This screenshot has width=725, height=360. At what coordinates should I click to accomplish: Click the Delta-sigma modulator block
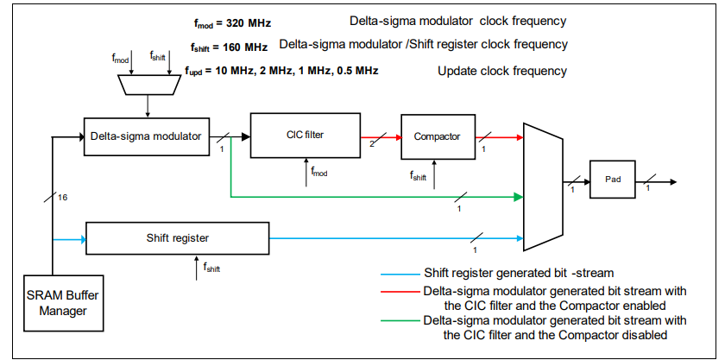point(146,136)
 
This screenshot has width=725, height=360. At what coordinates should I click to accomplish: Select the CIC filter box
point(304,136)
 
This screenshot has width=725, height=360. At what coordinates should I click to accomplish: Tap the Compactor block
point(437,136)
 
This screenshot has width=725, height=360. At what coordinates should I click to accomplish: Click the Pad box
point(612,180)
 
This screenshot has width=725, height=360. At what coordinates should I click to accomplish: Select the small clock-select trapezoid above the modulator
point(149,85)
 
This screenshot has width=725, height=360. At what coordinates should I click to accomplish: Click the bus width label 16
point(62,198)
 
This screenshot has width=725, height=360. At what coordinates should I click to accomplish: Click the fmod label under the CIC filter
point(318,174)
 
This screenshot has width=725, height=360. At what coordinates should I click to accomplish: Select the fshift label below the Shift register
point(212,268)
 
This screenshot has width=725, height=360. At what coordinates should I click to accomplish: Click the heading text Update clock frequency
point(503,70)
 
